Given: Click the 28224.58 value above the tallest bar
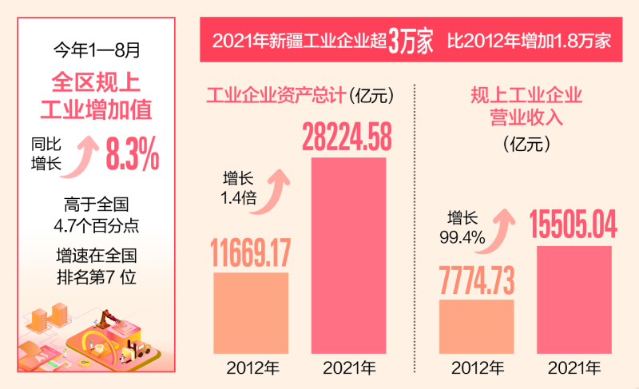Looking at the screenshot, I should pyautogui.click(x=347, y=138).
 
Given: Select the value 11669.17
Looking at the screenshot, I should pyautogui.click(x=250, y=250).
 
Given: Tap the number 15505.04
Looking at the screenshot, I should pyautogui.click(x=574, y=224).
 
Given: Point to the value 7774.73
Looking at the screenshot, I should pyautogui.click(x=477, y=280).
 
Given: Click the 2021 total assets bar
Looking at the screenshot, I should pyautogui.click(x=347, y=256).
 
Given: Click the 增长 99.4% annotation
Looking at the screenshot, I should pyautogui.click(x=462, y=225).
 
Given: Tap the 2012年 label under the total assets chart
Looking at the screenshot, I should pyautogui.click(x=251, y=368).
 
